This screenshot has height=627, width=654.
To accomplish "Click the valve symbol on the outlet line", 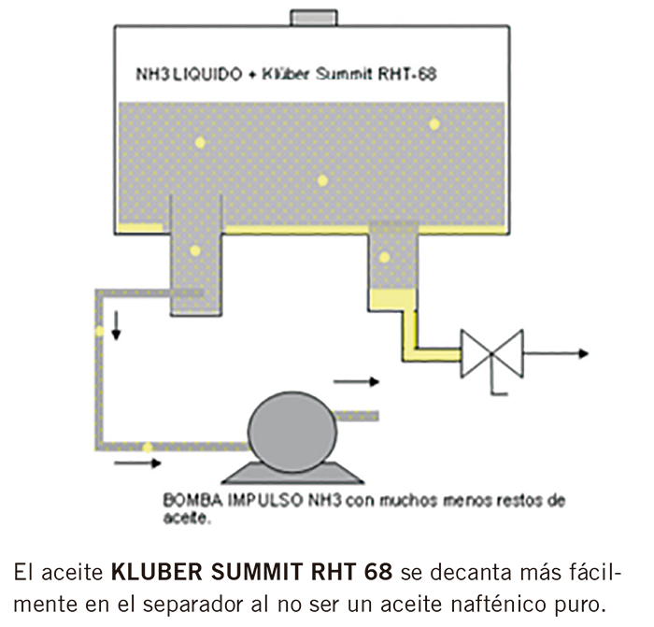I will (x=493, y=354).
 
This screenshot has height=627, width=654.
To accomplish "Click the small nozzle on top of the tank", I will (x=313, y=17).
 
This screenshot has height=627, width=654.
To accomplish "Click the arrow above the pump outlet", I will (x=356, y=381).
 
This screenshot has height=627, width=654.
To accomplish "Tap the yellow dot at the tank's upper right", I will (x=434, y=124).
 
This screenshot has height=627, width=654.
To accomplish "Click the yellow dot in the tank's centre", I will (x=322, y=180).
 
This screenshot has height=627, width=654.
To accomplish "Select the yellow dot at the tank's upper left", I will (x=200, y=143).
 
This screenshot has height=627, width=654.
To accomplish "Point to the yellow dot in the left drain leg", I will (x=195, y=250).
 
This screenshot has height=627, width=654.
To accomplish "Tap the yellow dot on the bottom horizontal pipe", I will (x=147, y=447).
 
